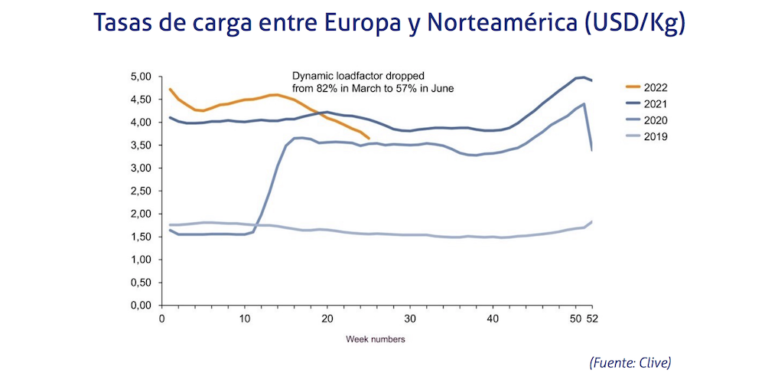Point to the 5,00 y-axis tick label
(141, 77)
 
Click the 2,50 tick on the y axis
(141, 191)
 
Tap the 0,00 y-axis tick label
(141, 306)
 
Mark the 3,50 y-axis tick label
(141, 146)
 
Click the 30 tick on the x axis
(409, 318)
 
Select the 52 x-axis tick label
(591, 318)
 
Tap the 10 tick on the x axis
(244, 318)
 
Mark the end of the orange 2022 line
(369, 139)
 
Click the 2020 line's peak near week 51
(584, 103)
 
